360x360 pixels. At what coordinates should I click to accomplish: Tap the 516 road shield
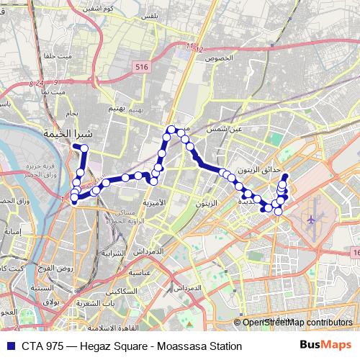click(x=141, y=67)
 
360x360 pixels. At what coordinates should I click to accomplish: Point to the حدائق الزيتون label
click(x=260, y=168)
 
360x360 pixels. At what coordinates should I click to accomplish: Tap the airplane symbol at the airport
click(x=311, y=218)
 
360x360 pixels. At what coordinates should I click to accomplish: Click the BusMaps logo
click(x=326, y=346)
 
